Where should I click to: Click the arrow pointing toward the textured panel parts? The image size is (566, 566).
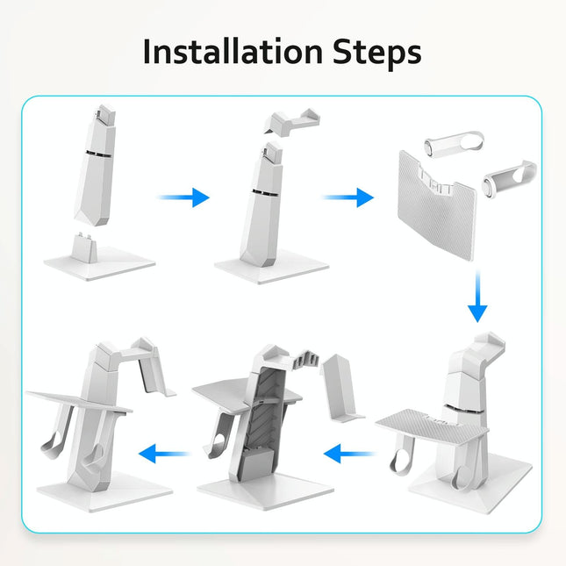tap(347, 197)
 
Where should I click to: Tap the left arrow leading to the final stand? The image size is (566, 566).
tap(167, 454)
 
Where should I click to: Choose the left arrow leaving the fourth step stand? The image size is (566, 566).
tap(350, 454)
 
